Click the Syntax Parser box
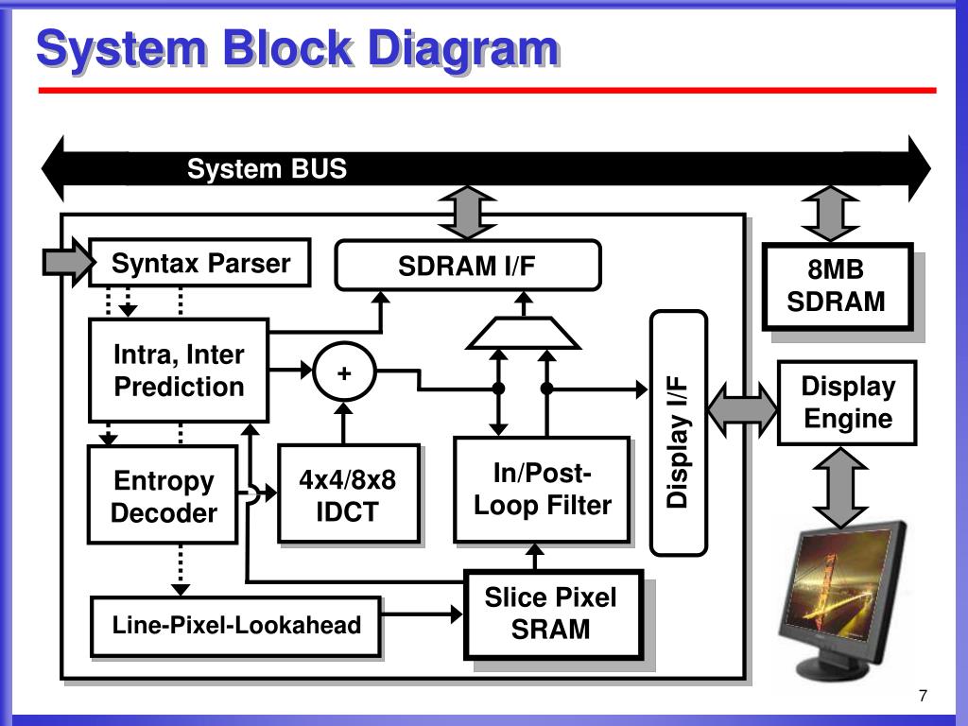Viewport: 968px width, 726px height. click(x=199, y=263)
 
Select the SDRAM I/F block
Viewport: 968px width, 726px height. click(x=468, y=266)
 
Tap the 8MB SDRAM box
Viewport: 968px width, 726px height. click(x=837, y=286)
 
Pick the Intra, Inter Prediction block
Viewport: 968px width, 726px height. click(x=179, y=371)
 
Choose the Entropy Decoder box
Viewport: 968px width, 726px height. click(x=163, y=496)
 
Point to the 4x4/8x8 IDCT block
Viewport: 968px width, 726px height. click(x=348, y=495)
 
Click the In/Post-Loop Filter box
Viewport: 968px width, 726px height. click(x=542, y=490)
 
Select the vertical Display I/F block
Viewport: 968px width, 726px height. click(x=679, y=432)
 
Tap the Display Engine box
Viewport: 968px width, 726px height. click(x=847, y=403)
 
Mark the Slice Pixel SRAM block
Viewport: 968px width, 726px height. click(x=553, y=614)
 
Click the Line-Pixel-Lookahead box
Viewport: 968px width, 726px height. click(x=236, y=626)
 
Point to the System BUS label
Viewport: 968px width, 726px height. click(x=267, y=169)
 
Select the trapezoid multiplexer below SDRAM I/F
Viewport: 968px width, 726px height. click(x=525, y=333)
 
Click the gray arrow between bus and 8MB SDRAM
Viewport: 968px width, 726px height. click(x=829, y=214)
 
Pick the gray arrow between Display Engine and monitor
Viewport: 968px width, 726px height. click(x=839, y=487)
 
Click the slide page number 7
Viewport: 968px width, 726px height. click(x=923, y=697)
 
